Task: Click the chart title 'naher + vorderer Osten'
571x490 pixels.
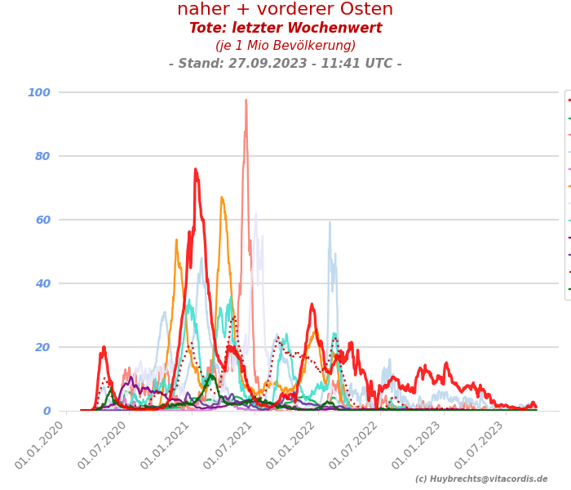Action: tap(285, 10)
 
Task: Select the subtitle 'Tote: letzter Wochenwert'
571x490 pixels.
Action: tap(285, 29)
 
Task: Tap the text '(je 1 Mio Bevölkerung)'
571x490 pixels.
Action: tap(285, 46)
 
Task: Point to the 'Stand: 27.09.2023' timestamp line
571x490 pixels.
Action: tap(285, 64)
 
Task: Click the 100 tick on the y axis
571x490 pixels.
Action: tap(39, 92)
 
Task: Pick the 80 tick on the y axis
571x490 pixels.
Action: tap(42, 156)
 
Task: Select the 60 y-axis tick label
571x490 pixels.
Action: tap(42, 220)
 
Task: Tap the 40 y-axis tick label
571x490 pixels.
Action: tap(42, 283)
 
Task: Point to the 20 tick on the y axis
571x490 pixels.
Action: tap(42, 347)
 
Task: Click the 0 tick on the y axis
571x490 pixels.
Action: tap(46, 411)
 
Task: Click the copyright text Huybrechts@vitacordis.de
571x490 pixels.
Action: tap(481, 479)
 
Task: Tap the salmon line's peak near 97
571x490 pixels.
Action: tap(246, 100)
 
